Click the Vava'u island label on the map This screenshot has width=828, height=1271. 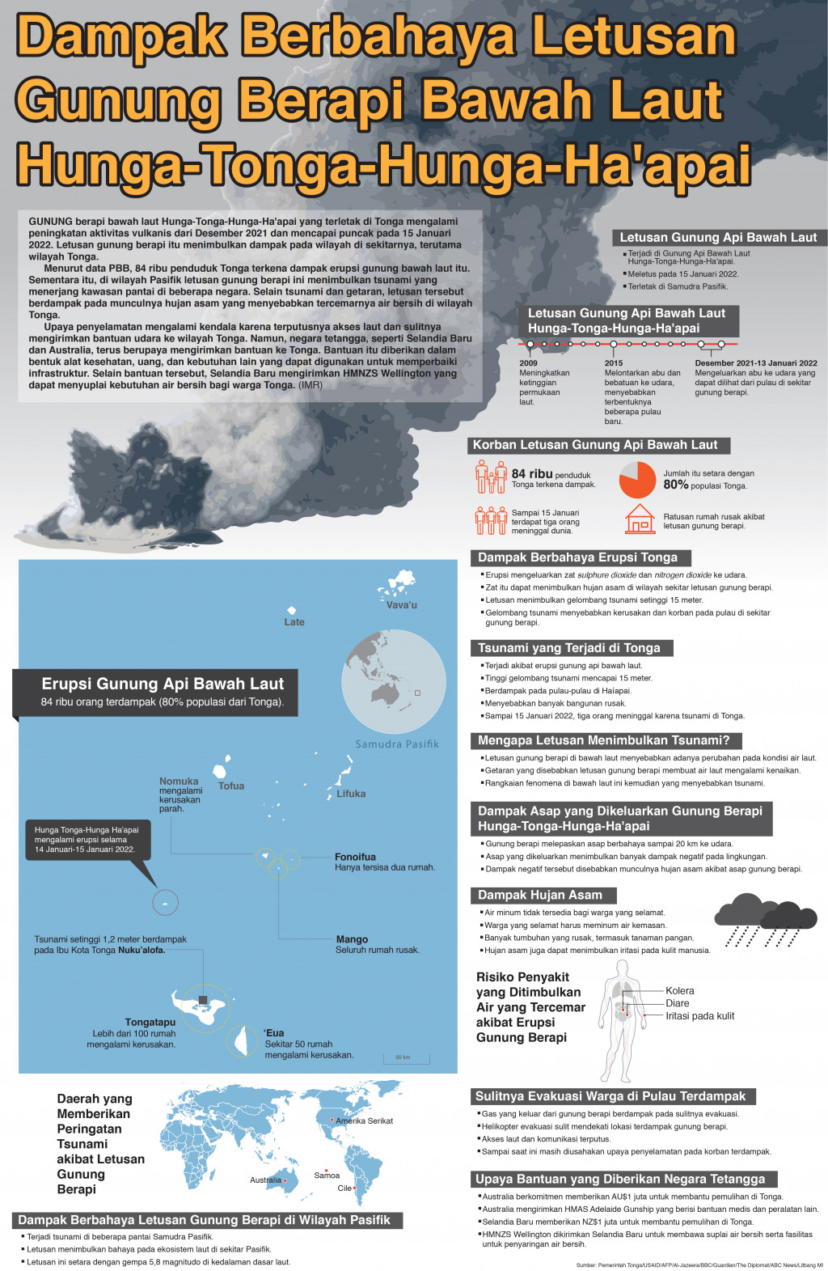(401, 605)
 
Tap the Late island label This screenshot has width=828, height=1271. (294, 622)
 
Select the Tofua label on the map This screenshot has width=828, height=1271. (231, 786)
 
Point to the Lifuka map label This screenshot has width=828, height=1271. (351, 794)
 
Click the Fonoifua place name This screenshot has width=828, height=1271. (355, 857)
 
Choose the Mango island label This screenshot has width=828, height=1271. (352, 939)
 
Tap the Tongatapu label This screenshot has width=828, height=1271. (150, 1022)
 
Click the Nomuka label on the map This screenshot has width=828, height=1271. (179, 782)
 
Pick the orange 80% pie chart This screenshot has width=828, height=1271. (637, 480)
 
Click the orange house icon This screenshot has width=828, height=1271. (640, 519)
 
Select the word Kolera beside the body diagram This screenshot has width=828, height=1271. (680, 990)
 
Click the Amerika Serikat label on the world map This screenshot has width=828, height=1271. (364, 1121)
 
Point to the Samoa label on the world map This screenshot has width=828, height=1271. (327, 1176)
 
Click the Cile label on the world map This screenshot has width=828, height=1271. (344, 1188)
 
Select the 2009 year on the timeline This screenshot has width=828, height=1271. (527, 363)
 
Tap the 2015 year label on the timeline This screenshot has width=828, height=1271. (614, 363)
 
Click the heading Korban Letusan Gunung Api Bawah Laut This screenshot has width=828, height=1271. (595, 445)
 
